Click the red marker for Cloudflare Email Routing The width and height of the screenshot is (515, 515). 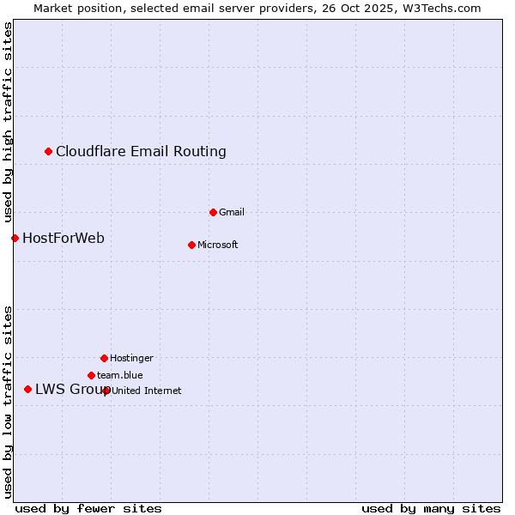[49, 152]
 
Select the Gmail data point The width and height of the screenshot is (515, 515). [213, 212]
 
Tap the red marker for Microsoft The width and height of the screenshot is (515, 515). [191, 245]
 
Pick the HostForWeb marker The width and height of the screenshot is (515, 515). [15, 238]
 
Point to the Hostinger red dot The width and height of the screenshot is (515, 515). [104, 358]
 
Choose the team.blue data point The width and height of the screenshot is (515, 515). [91, 375]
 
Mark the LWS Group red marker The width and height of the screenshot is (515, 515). [27, 390]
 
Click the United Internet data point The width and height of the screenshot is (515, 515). [106, 391]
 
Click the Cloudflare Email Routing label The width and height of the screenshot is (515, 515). [141, 152]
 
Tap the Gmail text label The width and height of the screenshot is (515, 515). [232, 212]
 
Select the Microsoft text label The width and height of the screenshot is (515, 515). [218, 245]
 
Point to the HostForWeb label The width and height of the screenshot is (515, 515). [64, 238]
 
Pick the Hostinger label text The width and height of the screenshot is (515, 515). [131, 358]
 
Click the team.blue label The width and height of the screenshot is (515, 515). [120, 375]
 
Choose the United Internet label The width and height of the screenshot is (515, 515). [147, 391]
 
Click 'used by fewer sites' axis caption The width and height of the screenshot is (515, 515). [88, 508]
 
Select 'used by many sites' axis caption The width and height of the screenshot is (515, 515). [431, 508]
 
